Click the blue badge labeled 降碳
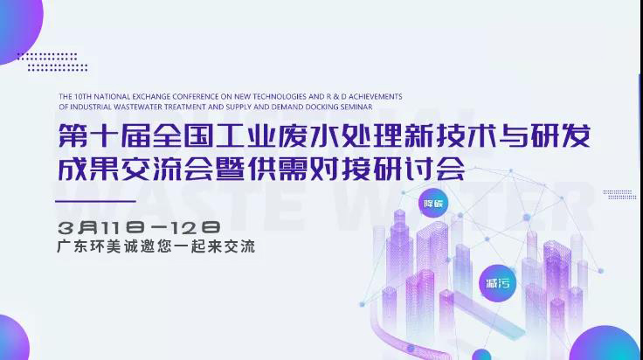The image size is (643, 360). [433, 203]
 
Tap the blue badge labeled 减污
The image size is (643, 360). [495, 282]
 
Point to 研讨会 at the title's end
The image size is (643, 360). [429, 165]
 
